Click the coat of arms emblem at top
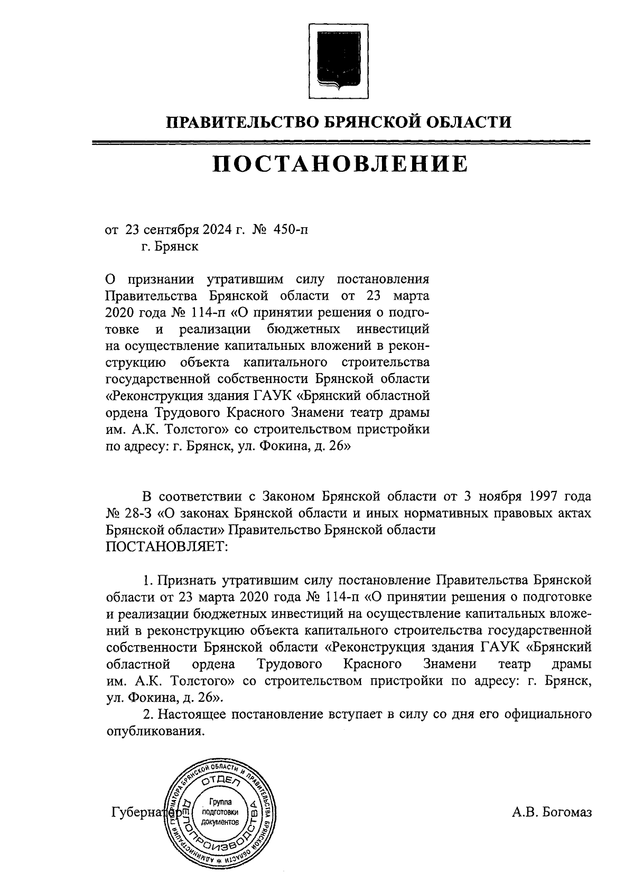339,59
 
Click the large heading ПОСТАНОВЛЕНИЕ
340,164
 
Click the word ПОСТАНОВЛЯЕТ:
166,547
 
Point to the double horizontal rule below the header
340,142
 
